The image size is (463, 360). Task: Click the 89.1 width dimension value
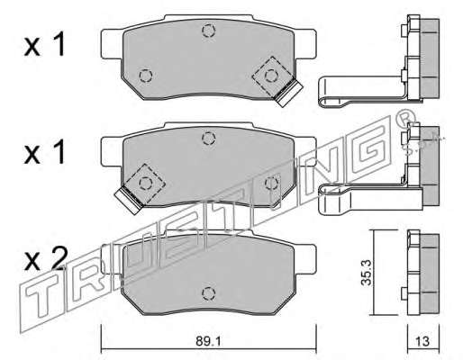point(208,341)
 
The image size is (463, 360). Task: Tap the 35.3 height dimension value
point(367,273)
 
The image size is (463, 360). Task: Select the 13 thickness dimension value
point(422,341)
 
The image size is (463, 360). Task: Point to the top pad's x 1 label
point(44,44)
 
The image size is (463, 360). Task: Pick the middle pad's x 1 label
point(44,151)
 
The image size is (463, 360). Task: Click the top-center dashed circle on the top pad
point(209,31)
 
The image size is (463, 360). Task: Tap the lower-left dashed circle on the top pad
point(146,76)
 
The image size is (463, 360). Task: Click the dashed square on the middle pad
point(145,183)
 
